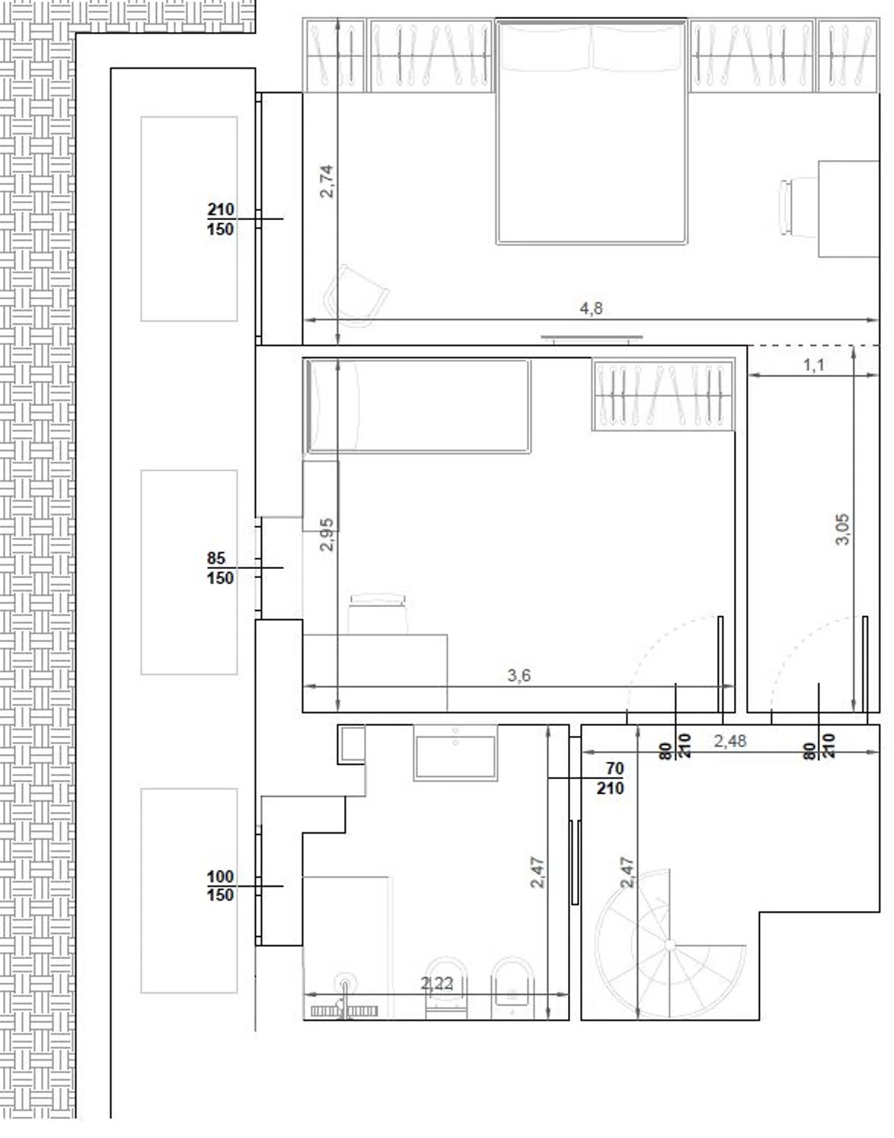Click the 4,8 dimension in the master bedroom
point(591,309)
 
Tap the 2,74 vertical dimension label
point(327,181)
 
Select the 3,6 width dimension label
point(519,675)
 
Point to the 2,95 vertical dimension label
point(327,534)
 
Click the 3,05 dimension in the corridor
point(842,529)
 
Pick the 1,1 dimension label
point(814,365)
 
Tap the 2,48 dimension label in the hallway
point(730,741)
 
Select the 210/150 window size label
point(221,219)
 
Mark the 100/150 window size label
point(221,885)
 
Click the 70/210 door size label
point(610,778)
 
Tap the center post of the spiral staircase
point(670,945)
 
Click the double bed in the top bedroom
point(591,132)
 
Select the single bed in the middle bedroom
point(417,406)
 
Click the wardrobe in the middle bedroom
point(663,395)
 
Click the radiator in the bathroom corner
point(344,1011)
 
